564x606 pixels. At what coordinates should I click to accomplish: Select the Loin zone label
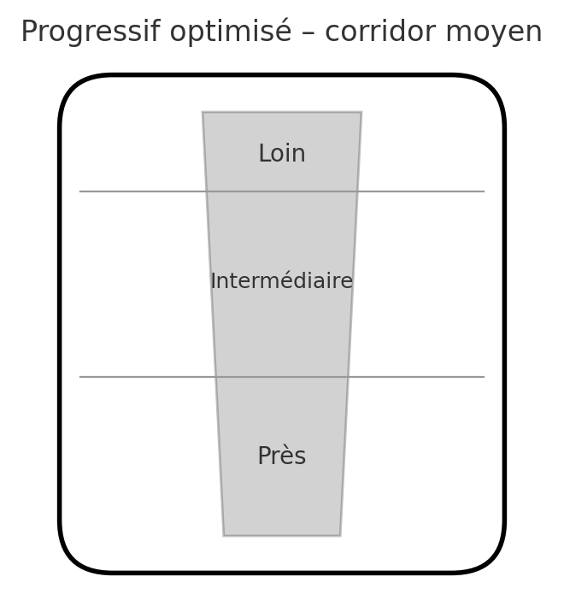[x=282, y=155]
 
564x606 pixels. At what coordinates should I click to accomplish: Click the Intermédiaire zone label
[x=282, y=281]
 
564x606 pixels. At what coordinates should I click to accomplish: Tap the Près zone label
[x=282, y=456]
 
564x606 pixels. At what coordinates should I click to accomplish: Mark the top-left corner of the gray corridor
[x=203, y=112]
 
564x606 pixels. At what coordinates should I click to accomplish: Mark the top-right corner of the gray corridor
[x=361, y=112]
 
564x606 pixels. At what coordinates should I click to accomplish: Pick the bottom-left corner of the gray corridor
[x=224, y=536]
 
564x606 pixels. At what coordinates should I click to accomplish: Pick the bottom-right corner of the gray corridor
[x=340, y=536]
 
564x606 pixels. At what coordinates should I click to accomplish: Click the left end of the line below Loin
[x=80, y=191]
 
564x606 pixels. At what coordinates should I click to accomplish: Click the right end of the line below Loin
[x=484, y=191]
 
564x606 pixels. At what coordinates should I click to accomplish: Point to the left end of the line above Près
[x=80, y=377]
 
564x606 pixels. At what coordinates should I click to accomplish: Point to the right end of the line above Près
[x=484, y=377]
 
